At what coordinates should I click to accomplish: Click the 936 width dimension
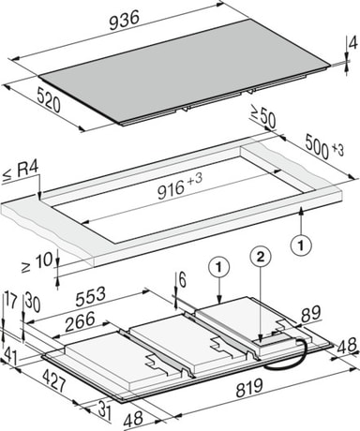coord(124,21)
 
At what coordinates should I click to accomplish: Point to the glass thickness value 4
coord(352,44)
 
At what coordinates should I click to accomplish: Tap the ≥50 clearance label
coord(262,117)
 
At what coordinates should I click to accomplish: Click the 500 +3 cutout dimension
coord(324,147)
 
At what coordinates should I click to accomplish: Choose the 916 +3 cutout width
coord(180,186)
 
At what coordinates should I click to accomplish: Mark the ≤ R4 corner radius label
coord(21,171)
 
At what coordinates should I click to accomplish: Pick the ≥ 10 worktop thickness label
coord(37,262)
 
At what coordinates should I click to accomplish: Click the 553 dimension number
coord(91,296)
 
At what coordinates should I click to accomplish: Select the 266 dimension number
coord(80,321)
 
